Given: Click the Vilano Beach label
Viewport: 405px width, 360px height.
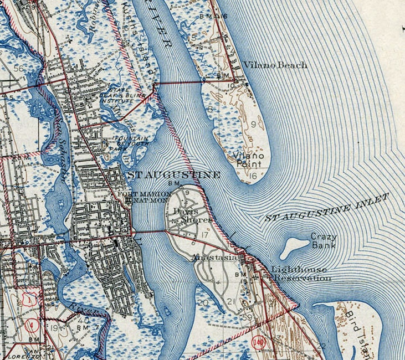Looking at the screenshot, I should click(275, 65).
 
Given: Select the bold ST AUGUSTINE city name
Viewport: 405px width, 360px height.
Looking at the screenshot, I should click(174, 175).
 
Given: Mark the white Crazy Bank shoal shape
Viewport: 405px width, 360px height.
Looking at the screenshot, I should click(294, 246).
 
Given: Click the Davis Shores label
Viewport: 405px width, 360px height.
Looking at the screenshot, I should click(192, 215).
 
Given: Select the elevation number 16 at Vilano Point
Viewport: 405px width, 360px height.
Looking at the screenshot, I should click(253, 176).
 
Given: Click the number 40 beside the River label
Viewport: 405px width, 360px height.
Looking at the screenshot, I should click(84, 321).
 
